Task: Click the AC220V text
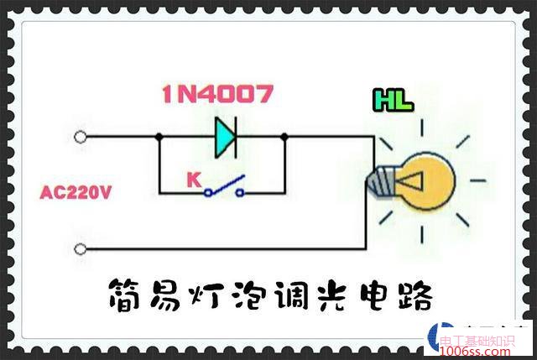[x=76, y=193]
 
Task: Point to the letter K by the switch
[x=192, y=179]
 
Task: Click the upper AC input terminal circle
[x=81, y=136]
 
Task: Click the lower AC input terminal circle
[x=81, y=248]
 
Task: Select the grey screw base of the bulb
[x=382, y=179]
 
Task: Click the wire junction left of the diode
[x=159, y=137]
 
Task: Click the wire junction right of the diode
[x=284, y=137]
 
